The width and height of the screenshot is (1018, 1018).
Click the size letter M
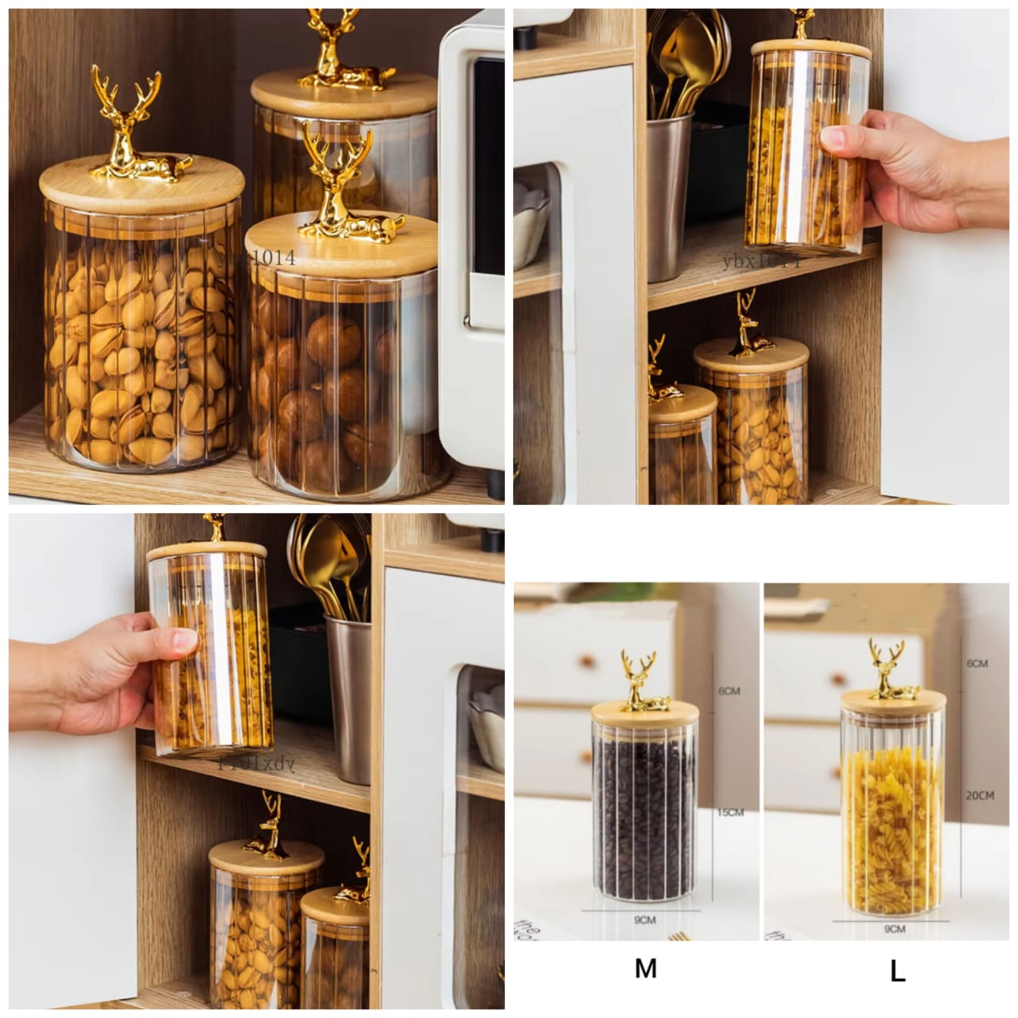pyautogui.click(x=645, y=968)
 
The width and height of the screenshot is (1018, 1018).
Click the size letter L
pyautogui.click(x=897, y=970)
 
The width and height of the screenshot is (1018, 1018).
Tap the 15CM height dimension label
pyautogui.click(x=730, y=812)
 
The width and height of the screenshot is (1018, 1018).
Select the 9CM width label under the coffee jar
pyautogui.click(x=644, y=919)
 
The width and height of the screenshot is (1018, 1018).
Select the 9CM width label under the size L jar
pyautogui.click(x=895, y=928)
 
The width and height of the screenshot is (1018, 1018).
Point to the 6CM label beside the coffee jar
pyautogui.click(x=729, y=691)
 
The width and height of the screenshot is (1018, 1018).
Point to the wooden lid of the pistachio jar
pyautogui.click(x=142, y=187)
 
